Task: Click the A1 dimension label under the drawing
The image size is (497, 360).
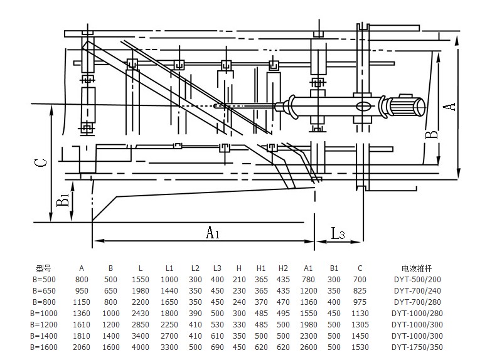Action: coord(213,233)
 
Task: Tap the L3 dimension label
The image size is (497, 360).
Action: coord(338,234)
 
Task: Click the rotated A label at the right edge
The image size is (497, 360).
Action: coord(448,106)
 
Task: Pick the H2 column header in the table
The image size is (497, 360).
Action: coord(283,267)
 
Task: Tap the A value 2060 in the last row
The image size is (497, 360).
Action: coord(82,347)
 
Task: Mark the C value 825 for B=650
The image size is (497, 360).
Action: coord(360,290)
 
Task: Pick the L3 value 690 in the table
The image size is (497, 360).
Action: coord(217,347)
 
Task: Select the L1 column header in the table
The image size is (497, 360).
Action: coord(169,267)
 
